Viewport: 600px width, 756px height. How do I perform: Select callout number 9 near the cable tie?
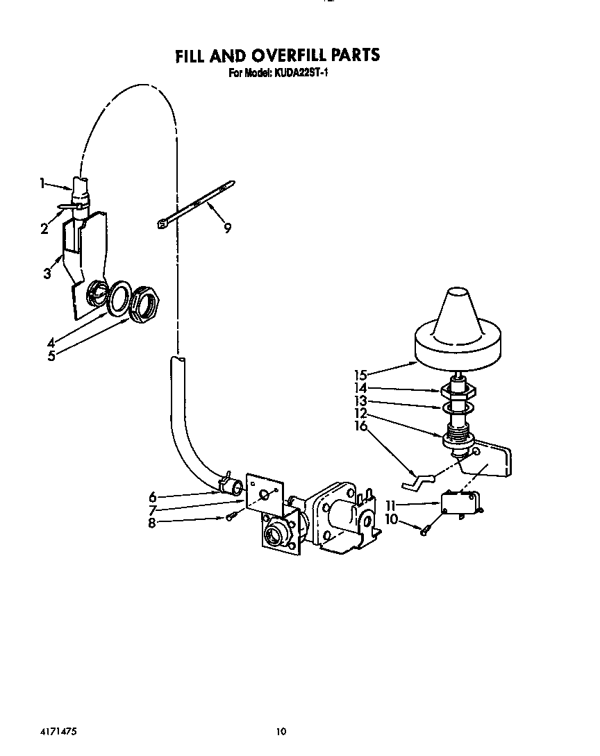227,227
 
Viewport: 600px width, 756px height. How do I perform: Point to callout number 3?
47,273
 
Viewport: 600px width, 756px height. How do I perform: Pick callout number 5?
51,357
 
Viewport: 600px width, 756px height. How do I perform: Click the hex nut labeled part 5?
145,303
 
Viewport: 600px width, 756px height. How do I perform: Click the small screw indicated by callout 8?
231,516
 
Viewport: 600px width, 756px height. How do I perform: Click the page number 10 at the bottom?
281,731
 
